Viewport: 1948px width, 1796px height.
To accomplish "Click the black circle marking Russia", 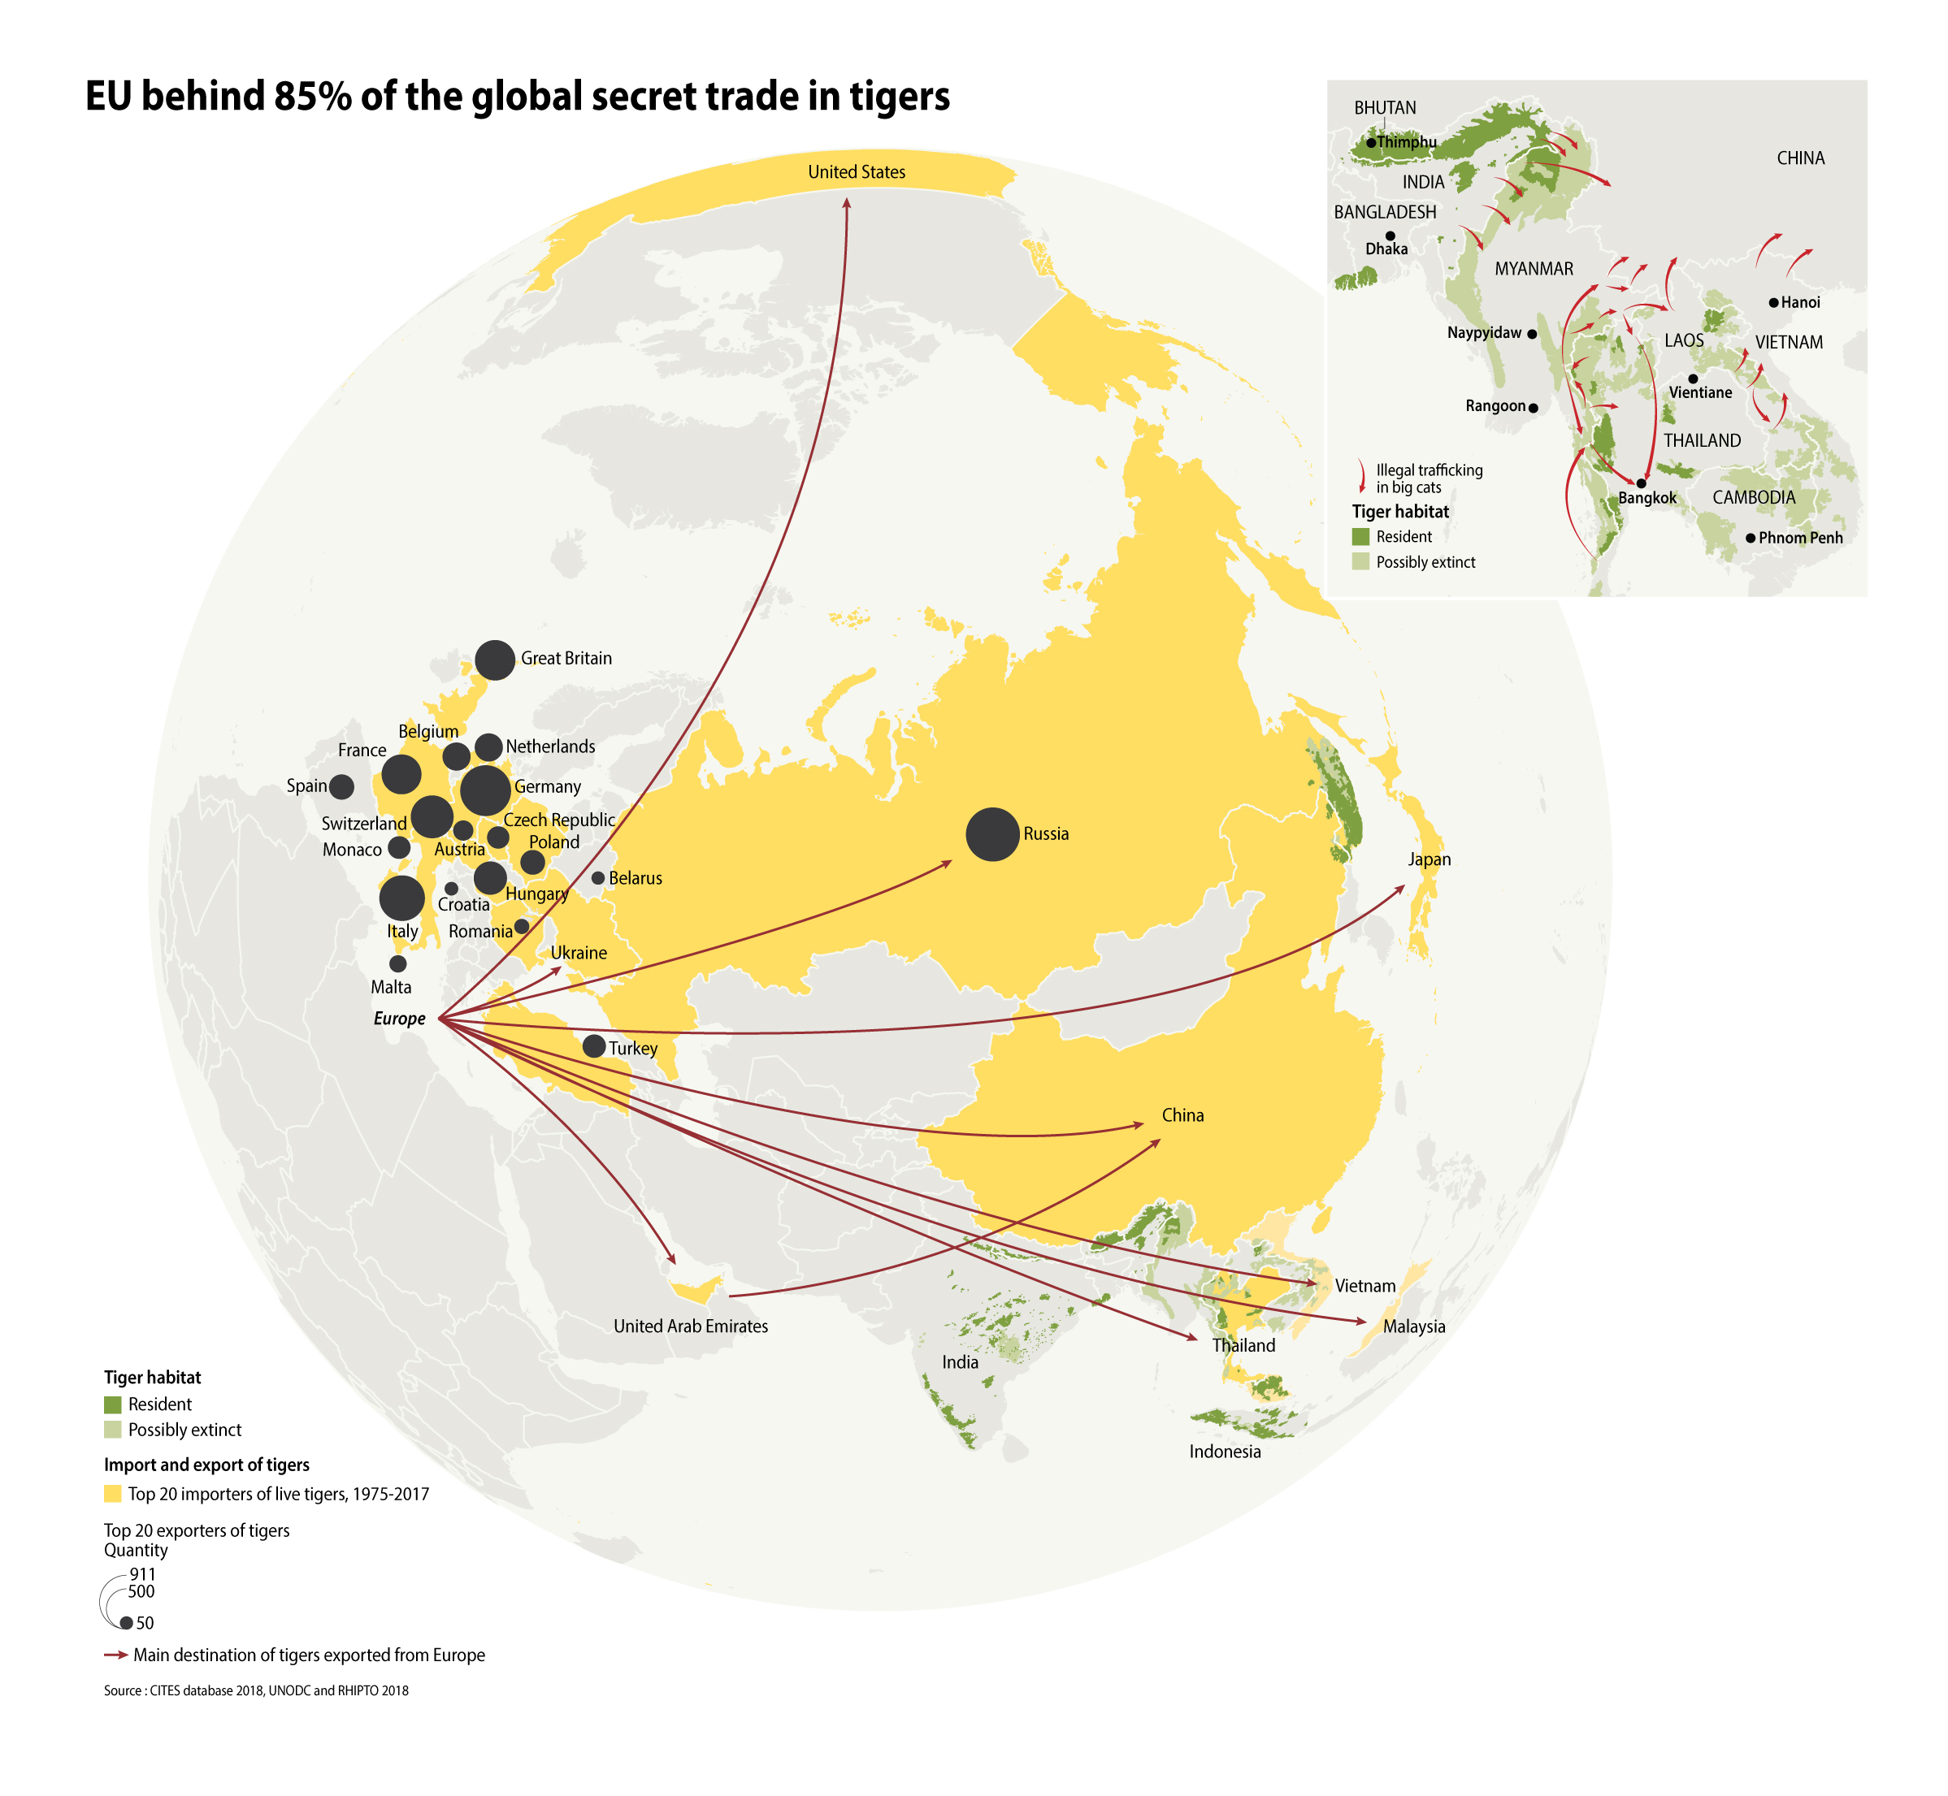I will (991, 834).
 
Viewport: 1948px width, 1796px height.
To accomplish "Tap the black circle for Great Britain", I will (495, 660).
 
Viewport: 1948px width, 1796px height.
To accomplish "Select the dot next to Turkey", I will (593, 1045).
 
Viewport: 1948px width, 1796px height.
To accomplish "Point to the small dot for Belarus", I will (598, 877).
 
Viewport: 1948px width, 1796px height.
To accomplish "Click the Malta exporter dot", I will (397, 963).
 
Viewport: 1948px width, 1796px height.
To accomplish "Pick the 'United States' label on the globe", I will (857, 172).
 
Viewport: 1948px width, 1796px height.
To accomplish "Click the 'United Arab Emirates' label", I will (690, 1326).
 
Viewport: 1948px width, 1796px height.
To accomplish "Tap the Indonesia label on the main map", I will (1224, 1451).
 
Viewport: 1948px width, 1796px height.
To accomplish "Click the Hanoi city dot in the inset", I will (1773, 303).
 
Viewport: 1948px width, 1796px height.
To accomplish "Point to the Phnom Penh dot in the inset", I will (1750, 538).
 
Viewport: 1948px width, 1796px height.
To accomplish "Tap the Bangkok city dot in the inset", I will (1641, 483).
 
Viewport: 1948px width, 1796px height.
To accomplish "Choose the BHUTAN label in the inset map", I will (1384, 108).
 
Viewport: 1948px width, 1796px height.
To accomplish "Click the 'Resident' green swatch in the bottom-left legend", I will (113, 1404).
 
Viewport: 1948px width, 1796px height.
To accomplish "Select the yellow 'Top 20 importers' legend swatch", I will (113, 1494).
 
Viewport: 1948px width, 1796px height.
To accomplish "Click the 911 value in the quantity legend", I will (143, 1573).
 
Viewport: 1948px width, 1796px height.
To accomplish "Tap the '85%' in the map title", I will (313, 96).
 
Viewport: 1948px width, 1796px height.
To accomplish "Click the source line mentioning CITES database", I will (256, 1690).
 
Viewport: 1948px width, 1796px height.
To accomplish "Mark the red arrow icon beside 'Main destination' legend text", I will (115, 1654).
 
